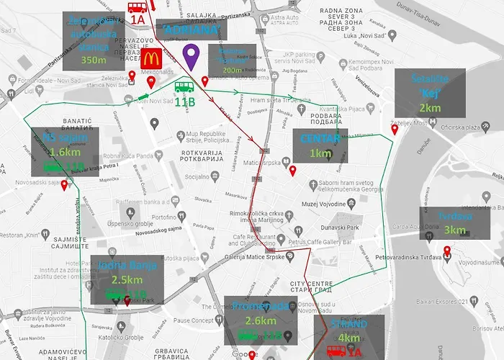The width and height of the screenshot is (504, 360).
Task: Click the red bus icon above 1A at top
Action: pos(137,8)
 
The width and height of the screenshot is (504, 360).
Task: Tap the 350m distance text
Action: pos(94,60)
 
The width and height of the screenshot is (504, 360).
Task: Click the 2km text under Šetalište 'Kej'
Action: pos(430,107)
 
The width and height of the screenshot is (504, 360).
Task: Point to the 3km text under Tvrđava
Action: pos(454,230)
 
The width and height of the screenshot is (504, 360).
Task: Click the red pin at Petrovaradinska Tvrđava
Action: pos(447,252)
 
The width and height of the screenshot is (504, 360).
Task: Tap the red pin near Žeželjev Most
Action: pos(395,130)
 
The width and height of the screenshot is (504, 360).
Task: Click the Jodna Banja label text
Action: pos(125,265)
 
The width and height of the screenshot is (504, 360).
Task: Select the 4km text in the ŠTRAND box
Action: pos(348,337)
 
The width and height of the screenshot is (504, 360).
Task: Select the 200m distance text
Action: pos(232,71)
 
